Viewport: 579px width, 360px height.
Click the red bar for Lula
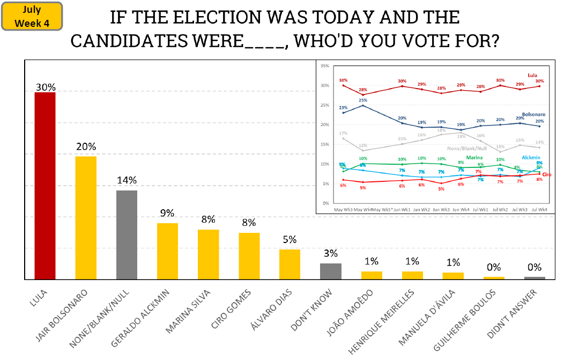(x=45, y=186)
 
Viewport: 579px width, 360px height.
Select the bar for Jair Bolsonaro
(x=86, y=218)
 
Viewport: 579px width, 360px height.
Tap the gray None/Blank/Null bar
(x=127, y=235)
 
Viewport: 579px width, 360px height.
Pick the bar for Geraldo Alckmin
(x=167, y=251)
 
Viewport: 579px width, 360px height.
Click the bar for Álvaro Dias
(x=289, y=265)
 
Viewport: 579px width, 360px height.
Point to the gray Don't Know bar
(x=331, y=271)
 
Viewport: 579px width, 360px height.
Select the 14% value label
(x=127, y=180)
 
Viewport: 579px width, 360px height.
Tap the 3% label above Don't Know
(x=331, y=253)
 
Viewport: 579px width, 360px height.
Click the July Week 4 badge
(x=32, y=16)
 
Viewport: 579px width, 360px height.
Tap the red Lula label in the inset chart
(x=532, y=75)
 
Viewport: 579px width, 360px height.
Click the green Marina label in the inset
(x=474, y=157)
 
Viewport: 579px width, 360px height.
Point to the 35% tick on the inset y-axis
(x=324, y=66)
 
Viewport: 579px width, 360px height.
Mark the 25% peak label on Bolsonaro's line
(x=363, y=100)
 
